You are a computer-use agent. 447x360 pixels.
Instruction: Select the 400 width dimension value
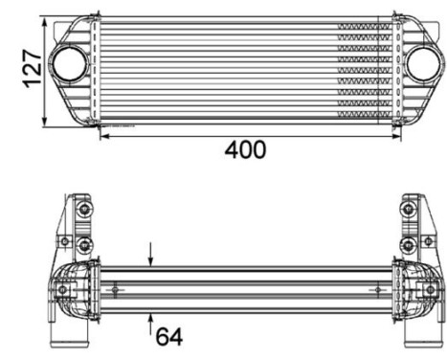[245, 151]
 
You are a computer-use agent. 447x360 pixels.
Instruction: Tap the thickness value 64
[168, 336]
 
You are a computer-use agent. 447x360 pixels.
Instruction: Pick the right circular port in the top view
[420, 64]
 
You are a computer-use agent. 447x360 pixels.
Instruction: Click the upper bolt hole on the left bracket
[84, 210]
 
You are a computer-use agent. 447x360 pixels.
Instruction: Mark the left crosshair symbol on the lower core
[117, 290]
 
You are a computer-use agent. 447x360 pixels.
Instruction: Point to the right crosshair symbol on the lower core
[379, 290]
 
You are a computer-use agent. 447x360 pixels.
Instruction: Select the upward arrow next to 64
[150, 320]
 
